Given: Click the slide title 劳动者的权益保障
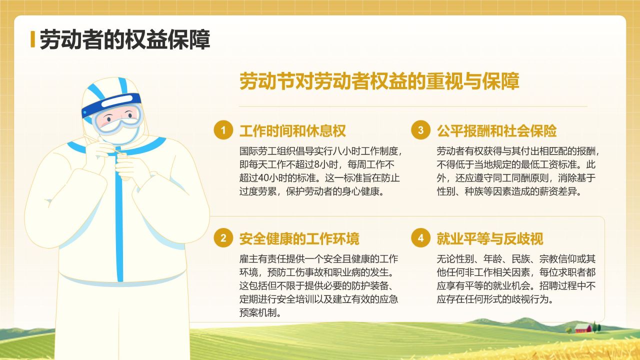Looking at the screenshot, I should [124, 39].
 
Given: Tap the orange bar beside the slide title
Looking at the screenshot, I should [32, 39].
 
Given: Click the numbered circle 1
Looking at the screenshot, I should [223, 130].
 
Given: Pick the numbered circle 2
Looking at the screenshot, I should [223, 238].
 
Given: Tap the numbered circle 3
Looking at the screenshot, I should [420, 130].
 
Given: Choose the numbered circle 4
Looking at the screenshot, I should [420, 238].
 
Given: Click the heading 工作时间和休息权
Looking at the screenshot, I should [292, 131].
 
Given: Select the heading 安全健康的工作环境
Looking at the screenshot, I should [299, 238].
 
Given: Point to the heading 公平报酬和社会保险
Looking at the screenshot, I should [496, 131].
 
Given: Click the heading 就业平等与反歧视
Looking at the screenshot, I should [490, 238].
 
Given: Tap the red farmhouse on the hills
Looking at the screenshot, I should [582, 328].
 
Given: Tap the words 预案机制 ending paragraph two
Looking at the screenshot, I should [259, 313].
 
